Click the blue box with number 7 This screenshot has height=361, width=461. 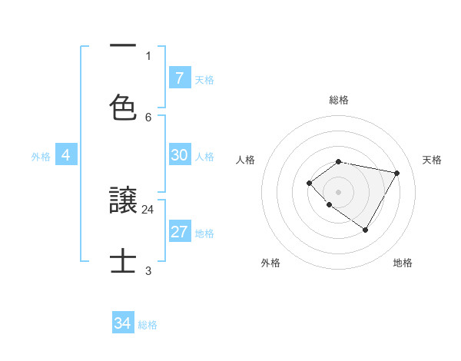(179, 78)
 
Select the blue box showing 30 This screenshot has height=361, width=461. (179, 155)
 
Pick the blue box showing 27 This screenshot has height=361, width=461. (179, 232)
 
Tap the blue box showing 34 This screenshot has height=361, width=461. (123, 323)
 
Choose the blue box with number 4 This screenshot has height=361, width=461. (65, 155)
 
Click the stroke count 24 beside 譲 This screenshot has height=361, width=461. (148, 209)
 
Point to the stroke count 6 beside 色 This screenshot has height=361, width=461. (148, 117)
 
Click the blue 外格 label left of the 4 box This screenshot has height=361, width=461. (41, 156)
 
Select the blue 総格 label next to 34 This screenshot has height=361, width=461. (148, 325)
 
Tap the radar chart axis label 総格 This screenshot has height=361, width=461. (339, 100)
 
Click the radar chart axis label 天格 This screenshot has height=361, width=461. (432, 160)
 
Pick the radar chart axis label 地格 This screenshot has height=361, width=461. (403, 263)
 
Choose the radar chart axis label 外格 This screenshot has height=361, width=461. (270, 263)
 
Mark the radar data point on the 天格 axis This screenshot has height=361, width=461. (396, 173)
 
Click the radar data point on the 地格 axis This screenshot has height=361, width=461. (365, 230)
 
